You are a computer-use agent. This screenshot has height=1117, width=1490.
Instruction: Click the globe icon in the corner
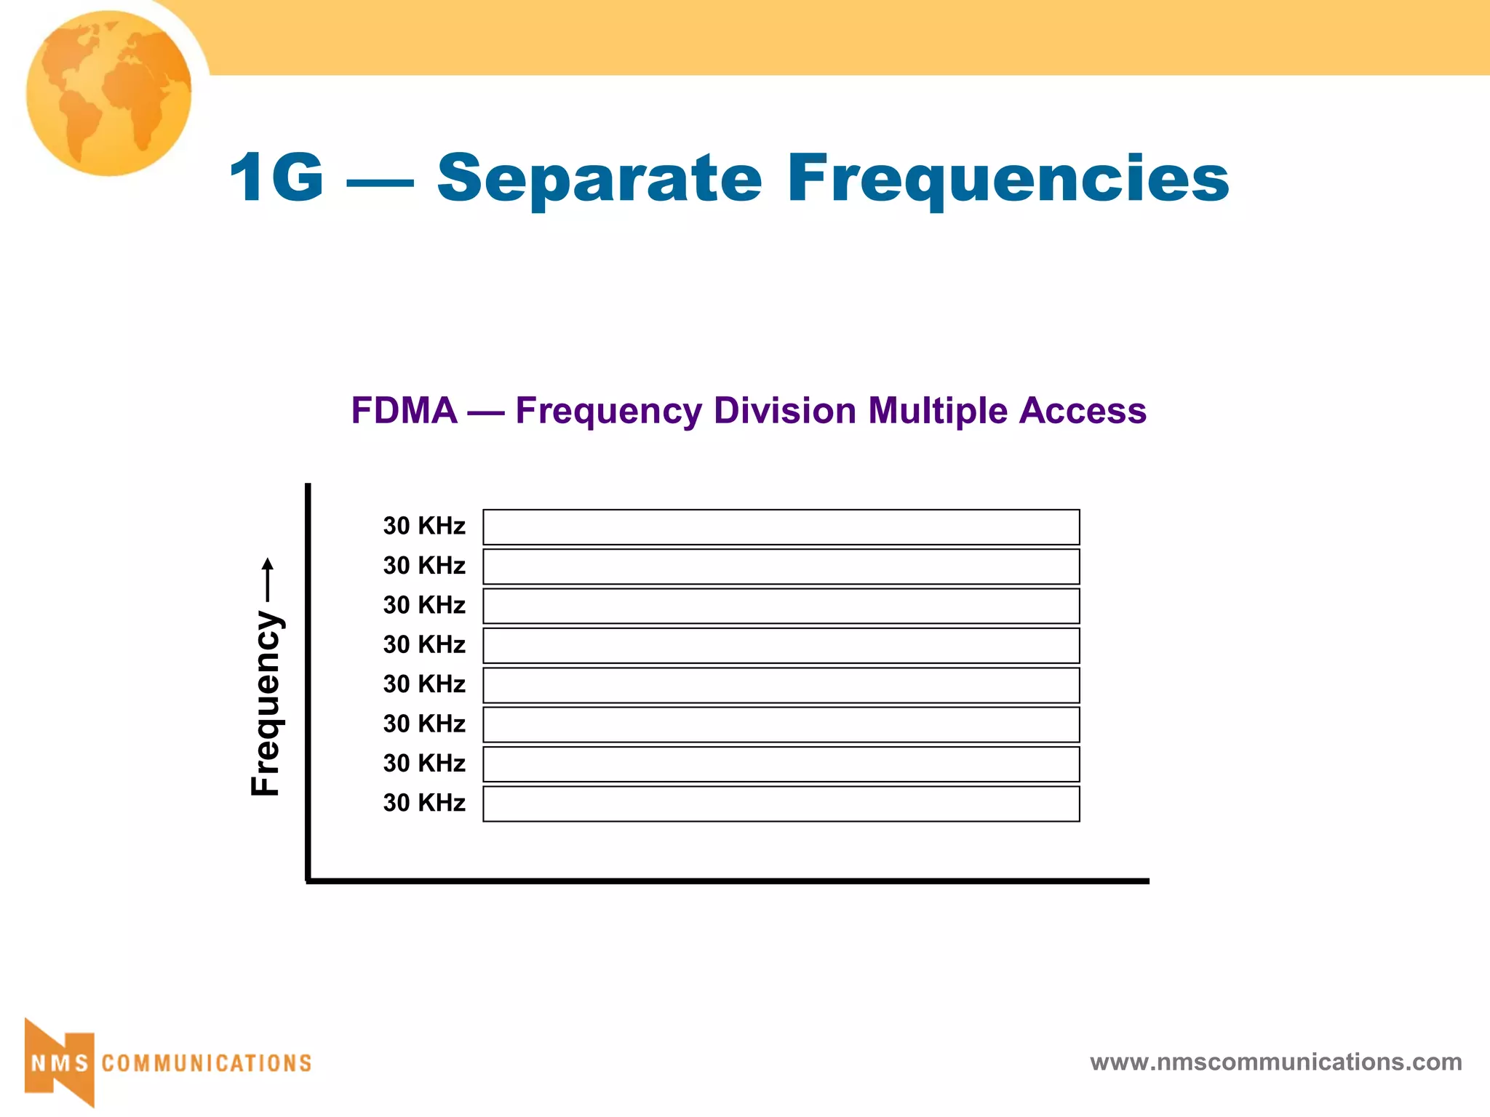tap(108, 93)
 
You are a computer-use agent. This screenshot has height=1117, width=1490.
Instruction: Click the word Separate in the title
tap(599, 179)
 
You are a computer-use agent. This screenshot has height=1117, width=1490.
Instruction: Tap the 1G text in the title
tap(276, 177)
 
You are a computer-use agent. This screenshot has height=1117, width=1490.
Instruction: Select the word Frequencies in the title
tap(1008, 179)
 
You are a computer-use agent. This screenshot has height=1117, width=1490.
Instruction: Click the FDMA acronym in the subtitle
tap(404, 411)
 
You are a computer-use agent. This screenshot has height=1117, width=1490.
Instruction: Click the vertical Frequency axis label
tap(266, 703)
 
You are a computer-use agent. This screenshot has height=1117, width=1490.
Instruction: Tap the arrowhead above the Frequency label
tap(268, 564)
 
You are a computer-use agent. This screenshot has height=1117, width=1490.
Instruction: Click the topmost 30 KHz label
tap(424, 526)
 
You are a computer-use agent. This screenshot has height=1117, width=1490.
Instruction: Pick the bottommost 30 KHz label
tap(424, 803)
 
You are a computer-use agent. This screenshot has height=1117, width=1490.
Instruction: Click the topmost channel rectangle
tap(781, 527)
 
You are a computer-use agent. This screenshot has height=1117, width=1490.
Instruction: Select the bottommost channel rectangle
tap(781, 804)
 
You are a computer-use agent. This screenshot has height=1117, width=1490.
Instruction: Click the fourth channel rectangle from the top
tap(781, 646)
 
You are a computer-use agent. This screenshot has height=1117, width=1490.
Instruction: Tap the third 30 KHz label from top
tap(424, 605)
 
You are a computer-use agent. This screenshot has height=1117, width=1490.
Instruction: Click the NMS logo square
tap(60, 1063)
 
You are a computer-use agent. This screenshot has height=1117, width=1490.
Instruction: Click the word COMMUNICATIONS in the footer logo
tap(207, 1064)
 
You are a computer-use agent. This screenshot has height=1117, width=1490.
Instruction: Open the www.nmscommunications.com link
tap(1275, 1062)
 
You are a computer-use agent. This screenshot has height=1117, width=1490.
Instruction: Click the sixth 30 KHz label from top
tap(424, 724)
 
